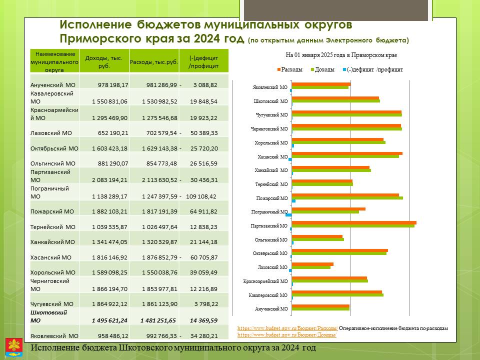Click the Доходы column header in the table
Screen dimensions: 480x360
(104, 62)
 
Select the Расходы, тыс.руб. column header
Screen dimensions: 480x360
(154, 62)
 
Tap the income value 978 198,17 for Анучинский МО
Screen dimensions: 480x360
(113, 85)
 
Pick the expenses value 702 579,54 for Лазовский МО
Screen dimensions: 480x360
(161, 133)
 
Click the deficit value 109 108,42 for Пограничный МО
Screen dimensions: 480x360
(201, 196)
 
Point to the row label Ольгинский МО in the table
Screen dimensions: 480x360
(52, 163)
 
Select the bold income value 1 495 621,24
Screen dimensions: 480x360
(109, 320)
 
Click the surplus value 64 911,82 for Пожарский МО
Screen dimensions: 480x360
(203, 211)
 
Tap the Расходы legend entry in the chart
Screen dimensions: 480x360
(290, 69)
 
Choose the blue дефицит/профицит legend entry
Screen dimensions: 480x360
(373, 69)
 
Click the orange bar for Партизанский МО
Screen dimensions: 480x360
(354, 222)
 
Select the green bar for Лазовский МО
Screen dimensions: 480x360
(311, 267)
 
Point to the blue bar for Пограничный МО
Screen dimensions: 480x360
(288, 215)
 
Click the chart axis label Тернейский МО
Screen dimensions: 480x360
(271, 184)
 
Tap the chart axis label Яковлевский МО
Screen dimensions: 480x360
(270, 87)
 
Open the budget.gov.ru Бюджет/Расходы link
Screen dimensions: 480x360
(287, 328)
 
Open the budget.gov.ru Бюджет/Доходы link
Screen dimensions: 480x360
(287, 334)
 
